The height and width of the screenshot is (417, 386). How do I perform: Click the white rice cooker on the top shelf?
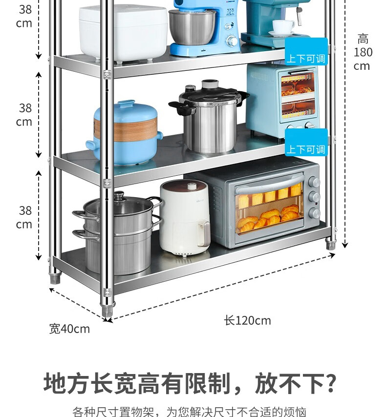click(122, 32)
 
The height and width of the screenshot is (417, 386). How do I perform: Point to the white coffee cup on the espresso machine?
click(283, 26)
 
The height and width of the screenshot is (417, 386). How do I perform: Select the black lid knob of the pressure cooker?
click(210, 84)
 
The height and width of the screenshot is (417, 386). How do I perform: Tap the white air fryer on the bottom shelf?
click(184, 216)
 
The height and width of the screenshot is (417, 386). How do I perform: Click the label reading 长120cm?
click(247, 320)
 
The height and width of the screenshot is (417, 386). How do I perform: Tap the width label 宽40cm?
click(69, 329)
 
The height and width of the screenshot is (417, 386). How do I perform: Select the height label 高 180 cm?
click(363, 52)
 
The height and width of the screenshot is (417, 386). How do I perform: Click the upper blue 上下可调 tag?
click(306, 59)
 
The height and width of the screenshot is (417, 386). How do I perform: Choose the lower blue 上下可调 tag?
click(306, 149)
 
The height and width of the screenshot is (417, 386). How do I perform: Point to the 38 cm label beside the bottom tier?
click(25, 217)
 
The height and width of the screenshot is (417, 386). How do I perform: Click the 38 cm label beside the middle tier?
click(25, 114)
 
